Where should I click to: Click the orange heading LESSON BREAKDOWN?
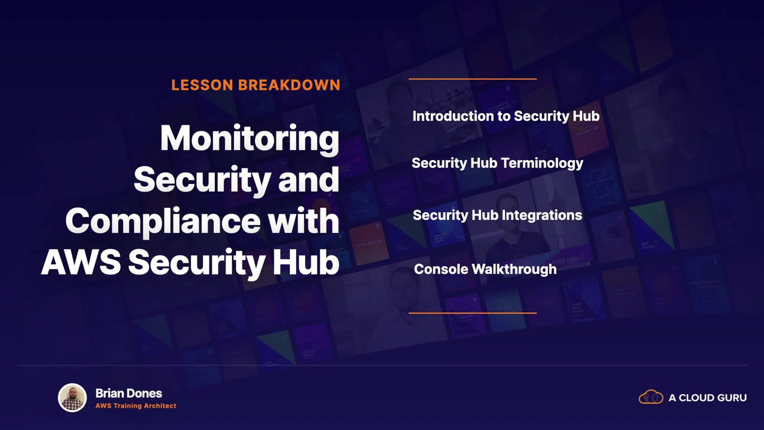[256, 85]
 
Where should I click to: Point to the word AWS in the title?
[81, 262]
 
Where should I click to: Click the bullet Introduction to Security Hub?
[506, 116]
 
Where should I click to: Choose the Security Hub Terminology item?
[497, 163]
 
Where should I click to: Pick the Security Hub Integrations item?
[497, 216]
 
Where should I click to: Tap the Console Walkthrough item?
[485, 269]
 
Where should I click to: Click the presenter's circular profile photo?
[72, 398]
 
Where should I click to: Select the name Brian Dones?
[128, 393]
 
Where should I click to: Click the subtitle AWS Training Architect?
[135, 406]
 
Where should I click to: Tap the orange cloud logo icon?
[651, 397]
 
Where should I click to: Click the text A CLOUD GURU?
[707, 398]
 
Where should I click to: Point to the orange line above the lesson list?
[472, 79]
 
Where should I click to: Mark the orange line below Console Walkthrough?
[472, 313]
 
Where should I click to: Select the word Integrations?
[541, 216]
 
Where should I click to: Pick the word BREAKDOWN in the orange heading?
[289, 85]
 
